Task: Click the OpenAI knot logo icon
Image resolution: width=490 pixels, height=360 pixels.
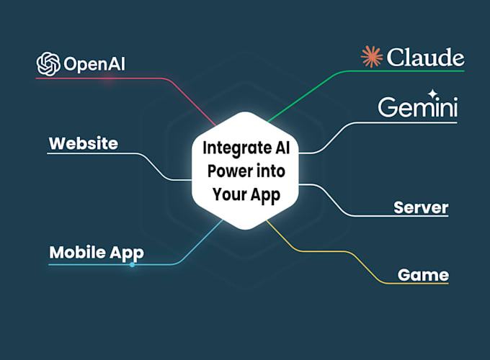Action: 48,63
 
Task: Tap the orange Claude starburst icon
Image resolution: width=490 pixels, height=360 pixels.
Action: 372,57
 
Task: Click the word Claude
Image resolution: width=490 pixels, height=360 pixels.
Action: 424,58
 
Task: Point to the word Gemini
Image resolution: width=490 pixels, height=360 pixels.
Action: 418,108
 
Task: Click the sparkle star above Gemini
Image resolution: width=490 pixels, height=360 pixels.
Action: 432,93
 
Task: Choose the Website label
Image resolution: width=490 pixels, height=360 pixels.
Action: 83,143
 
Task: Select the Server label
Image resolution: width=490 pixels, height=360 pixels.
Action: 421,208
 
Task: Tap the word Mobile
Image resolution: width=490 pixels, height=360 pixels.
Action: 74,253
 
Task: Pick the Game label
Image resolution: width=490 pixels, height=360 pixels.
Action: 423,274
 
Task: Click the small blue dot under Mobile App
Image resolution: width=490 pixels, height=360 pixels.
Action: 132,265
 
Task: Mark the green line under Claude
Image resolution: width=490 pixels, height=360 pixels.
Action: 404,71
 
